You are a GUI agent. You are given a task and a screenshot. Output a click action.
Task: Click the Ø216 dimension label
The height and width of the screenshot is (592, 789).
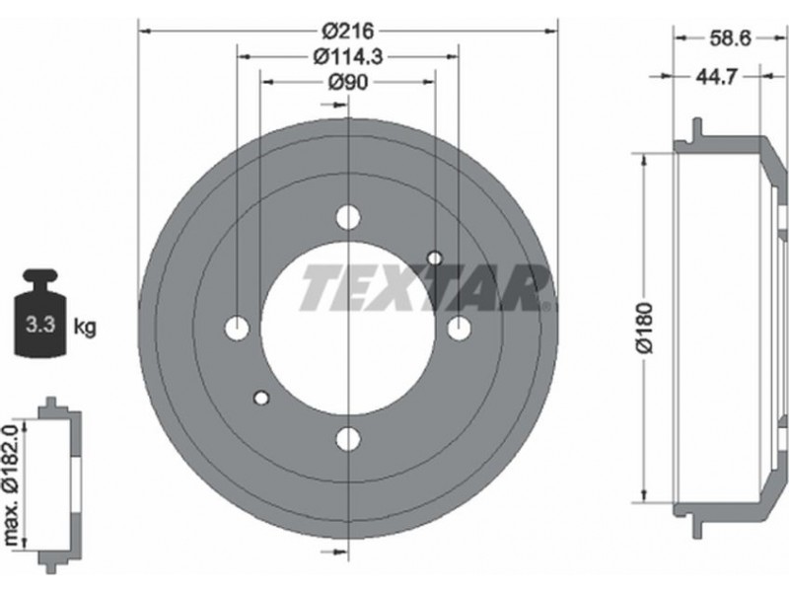[348, 32]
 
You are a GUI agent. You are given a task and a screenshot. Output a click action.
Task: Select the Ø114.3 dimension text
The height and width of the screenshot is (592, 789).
[348, 56]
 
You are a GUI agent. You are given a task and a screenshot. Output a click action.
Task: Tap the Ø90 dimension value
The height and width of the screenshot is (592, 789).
[348, 82]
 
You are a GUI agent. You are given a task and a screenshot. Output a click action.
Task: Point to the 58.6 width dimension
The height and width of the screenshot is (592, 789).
[730, 37]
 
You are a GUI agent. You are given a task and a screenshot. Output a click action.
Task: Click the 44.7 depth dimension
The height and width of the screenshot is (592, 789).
[717, 77]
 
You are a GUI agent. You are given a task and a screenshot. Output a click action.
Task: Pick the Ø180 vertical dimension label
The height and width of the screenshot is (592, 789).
[645, 329]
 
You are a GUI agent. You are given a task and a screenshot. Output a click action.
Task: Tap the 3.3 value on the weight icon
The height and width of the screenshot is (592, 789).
[40, 325]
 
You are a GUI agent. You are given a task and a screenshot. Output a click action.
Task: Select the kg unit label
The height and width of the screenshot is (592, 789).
[85, 328]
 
